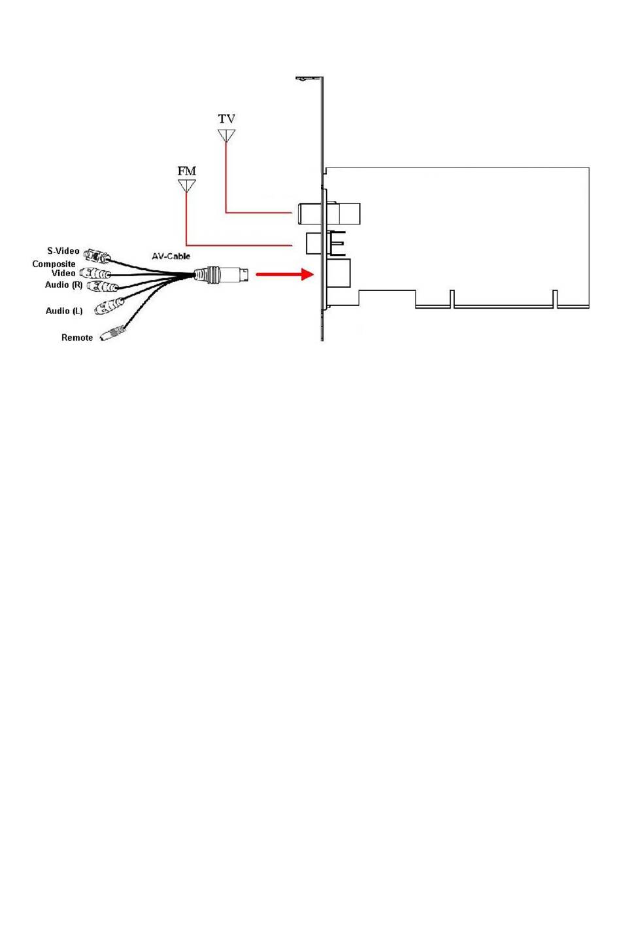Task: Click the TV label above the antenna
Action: click(x=227, y=119)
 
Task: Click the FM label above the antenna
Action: click(x=187, y=171)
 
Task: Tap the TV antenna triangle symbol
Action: click(x=226, y=135)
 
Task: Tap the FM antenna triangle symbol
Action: click(x=187, y=186)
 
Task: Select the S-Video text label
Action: click(x=63, y=251)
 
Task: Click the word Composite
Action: click(x=54, y=264)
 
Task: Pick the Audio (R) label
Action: click(x=64, y=285)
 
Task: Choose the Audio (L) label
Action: click(x=64, y=311)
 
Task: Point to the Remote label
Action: click(x=77, y=338)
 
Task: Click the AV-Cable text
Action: click(x=171, y=256)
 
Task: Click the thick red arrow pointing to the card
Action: click(x=284, y=274)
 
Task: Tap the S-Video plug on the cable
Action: click(x=98, y=254)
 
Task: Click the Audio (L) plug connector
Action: click(x=109, y=306)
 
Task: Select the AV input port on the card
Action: click(x=338, y=274)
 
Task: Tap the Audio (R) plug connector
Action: click(x=103, y=287)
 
